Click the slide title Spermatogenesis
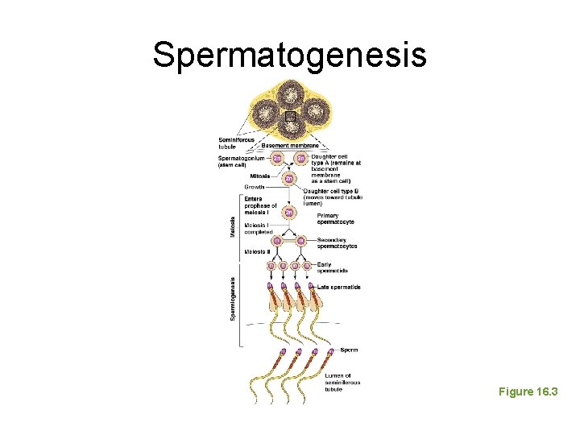[289, 55]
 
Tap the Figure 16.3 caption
[528, 391]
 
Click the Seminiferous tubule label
[236, 143]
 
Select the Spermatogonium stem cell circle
[276, 159]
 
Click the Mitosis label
[259, 176]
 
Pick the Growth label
[255, 186]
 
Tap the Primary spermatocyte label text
[335, 218]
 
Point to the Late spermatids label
[338, 288]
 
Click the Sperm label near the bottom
[349, 350]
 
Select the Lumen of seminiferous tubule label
[342, 382]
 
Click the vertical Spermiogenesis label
[234, 299]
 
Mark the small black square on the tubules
[290, 116]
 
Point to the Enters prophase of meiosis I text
[260, 205]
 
